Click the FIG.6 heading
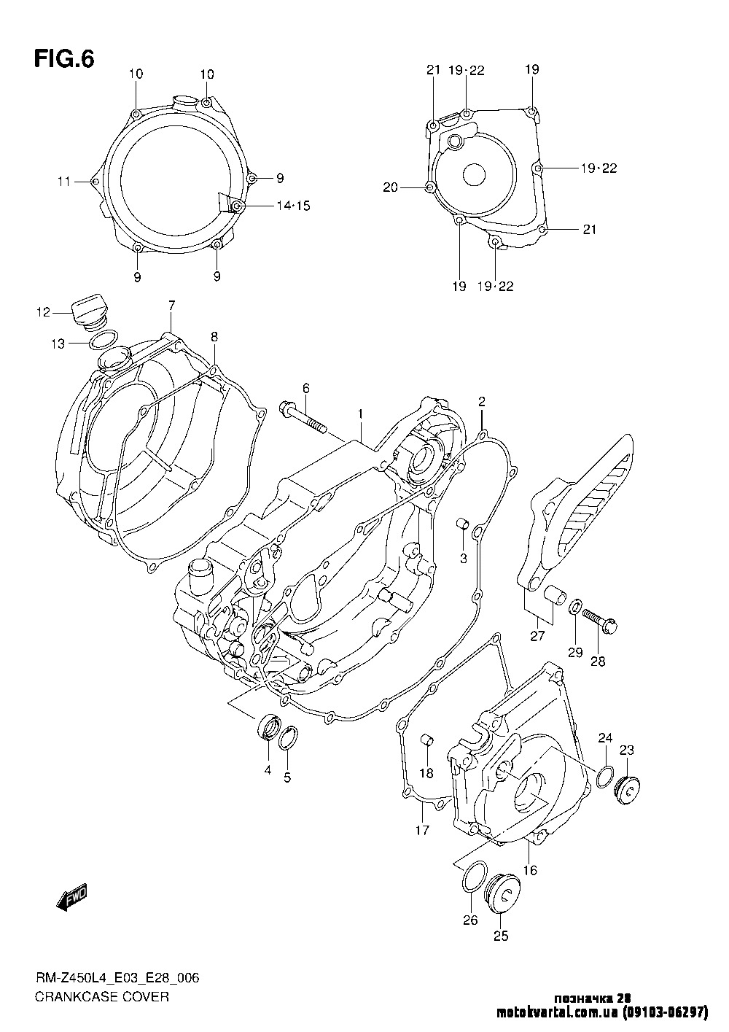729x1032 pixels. [64, 59]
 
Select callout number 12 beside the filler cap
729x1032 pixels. [43, 312]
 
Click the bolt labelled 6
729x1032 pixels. [303, 418]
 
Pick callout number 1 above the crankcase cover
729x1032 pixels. [361, 414]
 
